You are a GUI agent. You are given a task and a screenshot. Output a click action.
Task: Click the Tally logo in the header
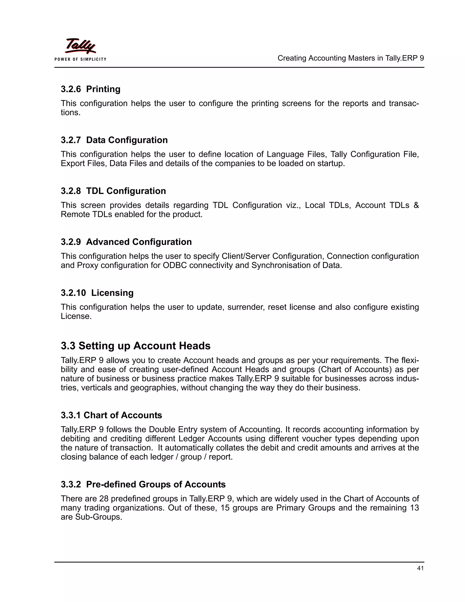pos(80,46)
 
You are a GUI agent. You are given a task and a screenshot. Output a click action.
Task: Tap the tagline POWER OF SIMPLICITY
pos(80,59)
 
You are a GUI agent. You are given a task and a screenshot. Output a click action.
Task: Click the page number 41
pos(420,568)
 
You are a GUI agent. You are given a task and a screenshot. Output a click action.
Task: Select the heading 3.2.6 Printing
pos(91,89)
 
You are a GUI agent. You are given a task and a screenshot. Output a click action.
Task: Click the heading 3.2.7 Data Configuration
pos(114,140)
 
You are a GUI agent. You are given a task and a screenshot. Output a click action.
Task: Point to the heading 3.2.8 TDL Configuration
pos(113,191)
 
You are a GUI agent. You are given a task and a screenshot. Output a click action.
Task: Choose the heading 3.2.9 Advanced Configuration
pos(126,242)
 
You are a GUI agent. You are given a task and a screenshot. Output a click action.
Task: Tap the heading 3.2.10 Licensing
pos(97,293)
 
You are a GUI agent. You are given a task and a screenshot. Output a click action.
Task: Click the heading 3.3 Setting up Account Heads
pos(136,346)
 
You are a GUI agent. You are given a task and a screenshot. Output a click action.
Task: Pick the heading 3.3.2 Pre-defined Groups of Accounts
pos(143,484)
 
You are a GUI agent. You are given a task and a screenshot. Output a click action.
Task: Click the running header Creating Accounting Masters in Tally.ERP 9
pos(350,58)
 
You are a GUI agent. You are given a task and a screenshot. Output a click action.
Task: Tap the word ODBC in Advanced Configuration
pos(175,265)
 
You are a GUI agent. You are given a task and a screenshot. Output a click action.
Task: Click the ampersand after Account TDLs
pos(416,205)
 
